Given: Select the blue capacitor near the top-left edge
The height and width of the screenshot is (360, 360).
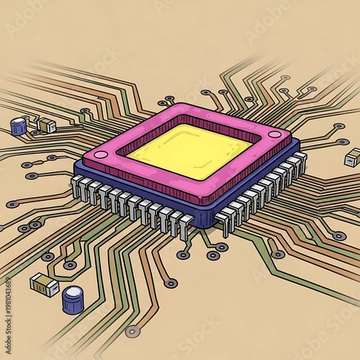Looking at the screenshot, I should point(19,127).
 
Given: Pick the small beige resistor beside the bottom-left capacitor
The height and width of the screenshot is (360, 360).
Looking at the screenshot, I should point(45,285).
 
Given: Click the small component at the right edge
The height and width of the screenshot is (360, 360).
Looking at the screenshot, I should point(353,156).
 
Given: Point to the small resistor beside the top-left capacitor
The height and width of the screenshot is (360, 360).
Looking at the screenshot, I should point(47,125).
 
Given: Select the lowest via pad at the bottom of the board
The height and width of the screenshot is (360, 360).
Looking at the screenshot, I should point(131,332).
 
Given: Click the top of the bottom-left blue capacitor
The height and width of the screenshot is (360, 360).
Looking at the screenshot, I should point(72,292).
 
